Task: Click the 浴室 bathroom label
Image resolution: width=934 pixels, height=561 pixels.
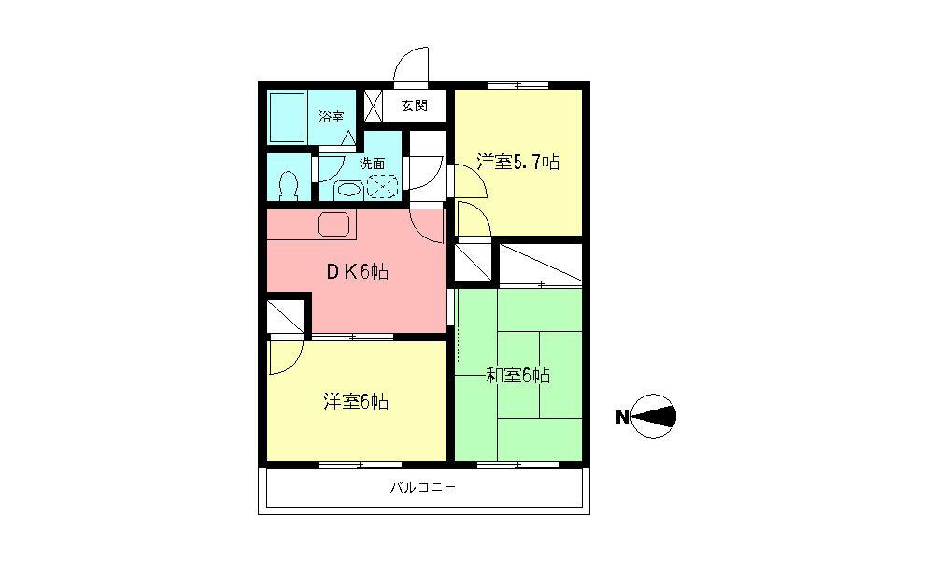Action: tap(332, 116)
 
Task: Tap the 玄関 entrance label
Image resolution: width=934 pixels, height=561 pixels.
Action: tap(414, 106)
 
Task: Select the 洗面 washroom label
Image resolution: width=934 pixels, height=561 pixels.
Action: tap(372, 163)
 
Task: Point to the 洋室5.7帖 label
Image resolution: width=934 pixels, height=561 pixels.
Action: tap(517, 162)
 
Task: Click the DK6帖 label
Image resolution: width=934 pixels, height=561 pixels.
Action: tap(358, 272)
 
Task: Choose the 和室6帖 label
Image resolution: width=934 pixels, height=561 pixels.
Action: tap(517, 375)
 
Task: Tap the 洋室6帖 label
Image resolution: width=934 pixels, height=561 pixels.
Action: tap(356, 401)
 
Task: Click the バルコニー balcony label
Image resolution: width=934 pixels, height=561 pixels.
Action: tap(423, 488)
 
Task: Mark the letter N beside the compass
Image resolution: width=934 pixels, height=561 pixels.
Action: tap(622, 417)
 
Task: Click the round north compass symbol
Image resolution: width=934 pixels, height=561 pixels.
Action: tap(654, 416)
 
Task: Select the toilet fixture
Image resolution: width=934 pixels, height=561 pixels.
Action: tap(289, 185)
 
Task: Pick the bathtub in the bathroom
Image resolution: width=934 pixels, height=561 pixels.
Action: tap(288, 117)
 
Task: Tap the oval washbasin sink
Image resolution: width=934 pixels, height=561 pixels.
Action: tap(349, 190)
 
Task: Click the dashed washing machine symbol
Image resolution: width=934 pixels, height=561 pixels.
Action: tap(382, 186)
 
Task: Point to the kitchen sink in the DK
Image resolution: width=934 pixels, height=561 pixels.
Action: tap(334, 224)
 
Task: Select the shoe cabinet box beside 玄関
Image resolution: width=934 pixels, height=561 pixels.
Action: tap(373, 106)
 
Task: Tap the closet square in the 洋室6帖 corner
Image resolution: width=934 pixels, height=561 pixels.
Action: tap(285, 316)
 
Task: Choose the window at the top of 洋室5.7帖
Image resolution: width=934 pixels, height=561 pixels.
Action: tap(518, 85)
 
